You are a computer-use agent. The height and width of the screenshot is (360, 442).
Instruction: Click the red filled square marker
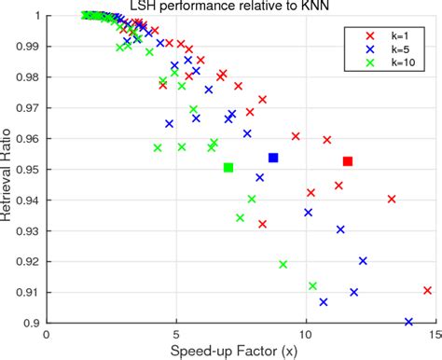[x=348, y=161]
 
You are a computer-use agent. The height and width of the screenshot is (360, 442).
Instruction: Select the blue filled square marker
[x=273, y=158]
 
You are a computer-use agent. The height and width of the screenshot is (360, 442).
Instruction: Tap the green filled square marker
[x=228, y=168]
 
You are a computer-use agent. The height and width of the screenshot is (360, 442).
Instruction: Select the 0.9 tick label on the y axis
[x=34, y=323]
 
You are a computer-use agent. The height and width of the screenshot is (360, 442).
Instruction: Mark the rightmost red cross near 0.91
[x=427, y=291]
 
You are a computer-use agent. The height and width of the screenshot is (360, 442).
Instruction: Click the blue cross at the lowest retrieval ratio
[x=408, y=322]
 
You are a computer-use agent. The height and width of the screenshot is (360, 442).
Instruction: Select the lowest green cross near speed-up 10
[x=312, y=286]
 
